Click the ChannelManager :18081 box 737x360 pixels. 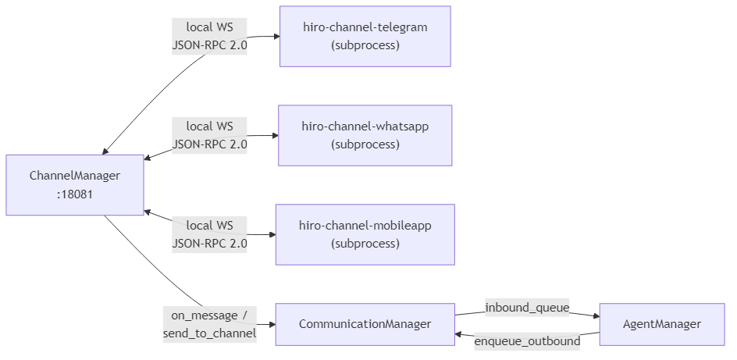[75, 185]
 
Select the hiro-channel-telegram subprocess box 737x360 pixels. [365, 37]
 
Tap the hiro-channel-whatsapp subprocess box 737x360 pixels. [365, 136]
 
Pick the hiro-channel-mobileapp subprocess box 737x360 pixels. [365, 234]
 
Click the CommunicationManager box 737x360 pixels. [365, 324]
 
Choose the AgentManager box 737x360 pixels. [661, 324]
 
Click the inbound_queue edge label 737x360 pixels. [526, 307]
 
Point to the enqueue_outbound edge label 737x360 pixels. [527, 341]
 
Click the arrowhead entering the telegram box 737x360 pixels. [275, 37]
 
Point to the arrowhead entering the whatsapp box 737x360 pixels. [274, 136]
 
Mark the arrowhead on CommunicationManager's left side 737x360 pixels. [272, 324]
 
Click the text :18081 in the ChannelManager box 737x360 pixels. [75, 194]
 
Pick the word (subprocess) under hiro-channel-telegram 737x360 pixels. [365, 45]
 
